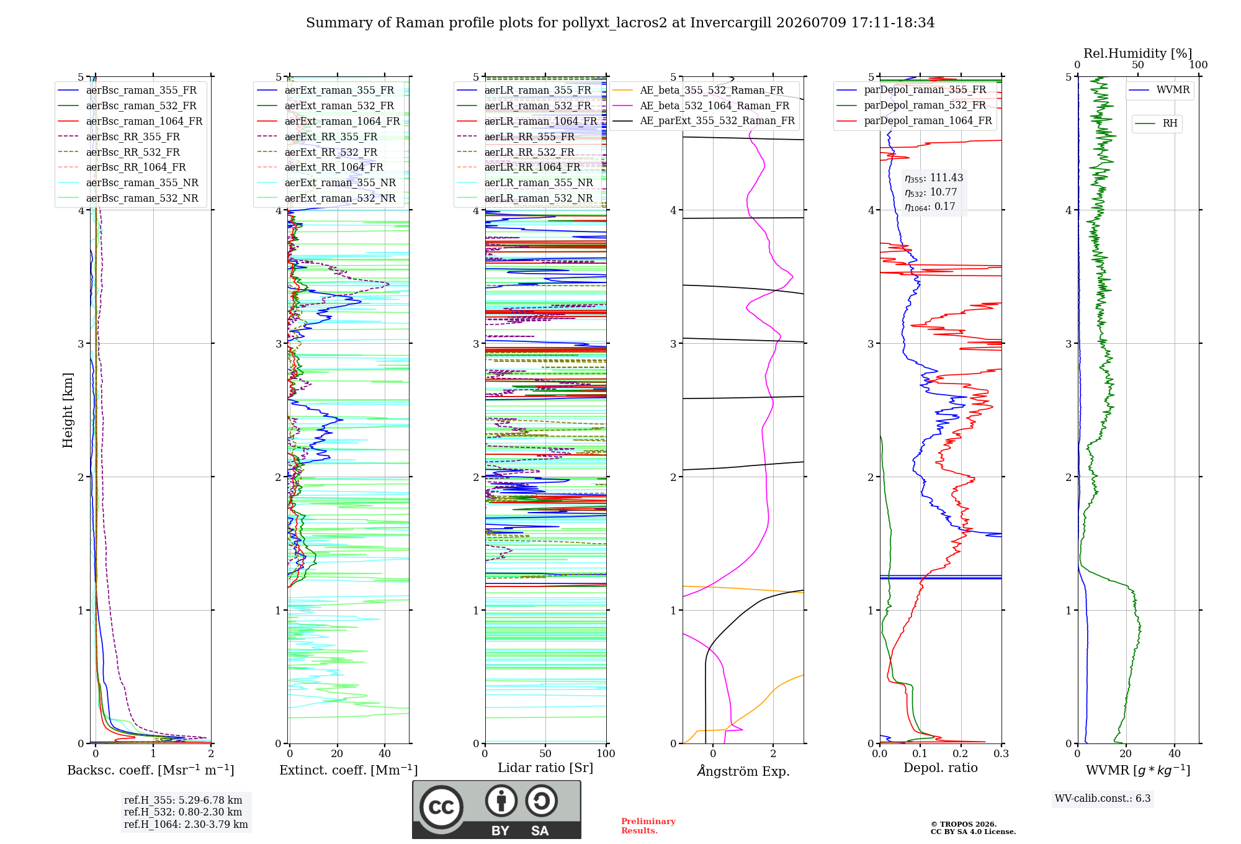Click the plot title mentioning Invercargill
(x=620, y=23)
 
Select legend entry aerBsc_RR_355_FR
(x=133, y=137)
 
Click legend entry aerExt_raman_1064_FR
(x=342, y=121)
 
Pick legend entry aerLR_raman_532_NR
(x=539, y=198)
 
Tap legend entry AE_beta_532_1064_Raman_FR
(x=715, y=105)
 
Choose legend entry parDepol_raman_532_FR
(x=925, y=105)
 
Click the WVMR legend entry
(x=1173, y=90)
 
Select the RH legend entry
(x=1170, y=123)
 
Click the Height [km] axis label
(x=68, y=410)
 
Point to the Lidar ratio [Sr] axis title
(x=545, y=768)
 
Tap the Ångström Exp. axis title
(x=743, y=771)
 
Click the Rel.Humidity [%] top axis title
(x=1138, y=53)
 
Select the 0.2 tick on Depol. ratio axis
(x=961, y=753)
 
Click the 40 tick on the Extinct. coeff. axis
(x=385, y=753)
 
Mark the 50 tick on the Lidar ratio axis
(x=545, y=753)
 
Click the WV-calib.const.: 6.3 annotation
(x=1103, y=799)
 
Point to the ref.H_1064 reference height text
(x=186, y=825)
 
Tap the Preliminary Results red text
(x=648, y=826)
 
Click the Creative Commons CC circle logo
(x=441, y=807)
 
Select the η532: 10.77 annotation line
(x=931, y=192)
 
